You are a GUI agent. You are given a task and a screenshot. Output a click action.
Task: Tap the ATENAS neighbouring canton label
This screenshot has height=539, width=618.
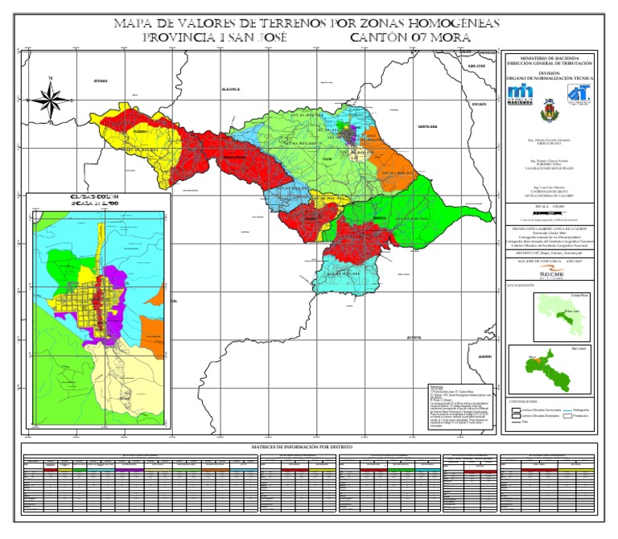(101, 81)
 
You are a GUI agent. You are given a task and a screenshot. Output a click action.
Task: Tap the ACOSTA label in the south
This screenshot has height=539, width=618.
(414, 337)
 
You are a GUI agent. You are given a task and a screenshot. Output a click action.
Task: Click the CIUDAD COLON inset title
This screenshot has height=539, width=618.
(96, 197)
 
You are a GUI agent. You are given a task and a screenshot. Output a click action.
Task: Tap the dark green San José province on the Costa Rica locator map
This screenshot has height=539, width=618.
(553, 315)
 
